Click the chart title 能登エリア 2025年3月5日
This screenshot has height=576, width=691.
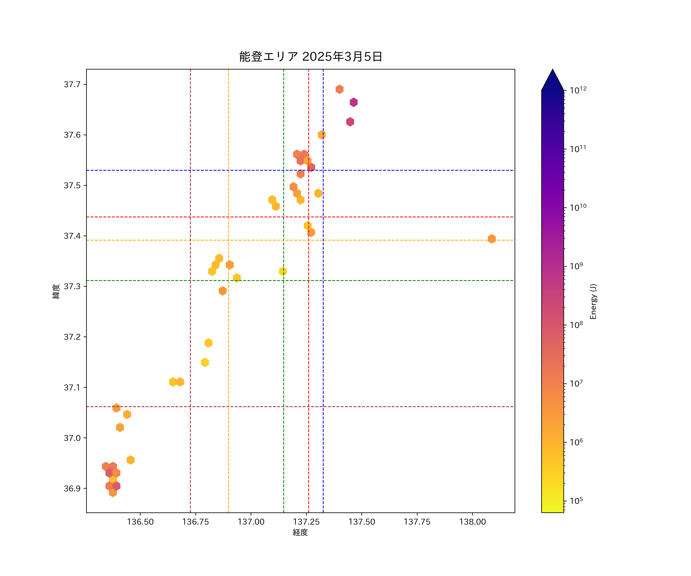(310, 57)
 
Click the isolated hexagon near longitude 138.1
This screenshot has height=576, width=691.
(492, 239)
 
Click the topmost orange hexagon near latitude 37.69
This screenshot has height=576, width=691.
(339, 89)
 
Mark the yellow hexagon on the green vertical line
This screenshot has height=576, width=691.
(283, 271)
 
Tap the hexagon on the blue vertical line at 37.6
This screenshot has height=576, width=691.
(322, 135)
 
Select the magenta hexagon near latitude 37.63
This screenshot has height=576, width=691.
(350, 122)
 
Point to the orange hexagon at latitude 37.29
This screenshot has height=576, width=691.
(222, 291)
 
